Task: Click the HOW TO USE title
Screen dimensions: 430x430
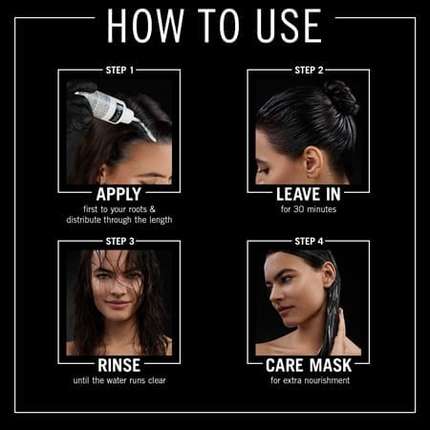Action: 214,26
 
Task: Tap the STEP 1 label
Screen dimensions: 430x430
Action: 119,70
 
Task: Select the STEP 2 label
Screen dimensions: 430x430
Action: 309,70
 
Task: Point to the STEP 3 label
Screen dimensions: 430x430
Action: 119,241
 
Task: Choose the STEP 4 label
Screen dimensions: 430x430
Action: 309,241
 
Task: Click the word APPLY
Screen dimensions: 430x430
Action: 118,194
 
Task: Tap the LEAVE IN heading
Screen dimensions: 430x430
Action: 309,194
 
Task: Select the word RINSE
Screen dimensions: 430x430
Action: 119,365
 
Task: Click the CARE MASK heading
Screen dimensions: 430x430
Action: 309,365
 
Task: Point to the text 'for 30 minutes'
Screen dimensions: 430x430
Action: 309,209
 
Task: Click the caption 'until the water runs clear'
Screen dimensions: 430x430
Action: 119,380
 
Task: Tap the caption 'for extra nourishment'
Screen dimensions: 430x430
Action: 310,380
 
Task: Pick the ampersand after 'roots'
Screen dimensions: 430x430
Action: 152,209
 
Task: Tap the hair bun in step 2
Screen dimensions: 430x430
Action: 341,97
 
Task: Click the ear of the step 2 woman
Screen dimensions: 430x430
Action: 312,163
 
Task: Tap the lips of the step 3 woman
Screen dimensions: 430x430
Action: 118,304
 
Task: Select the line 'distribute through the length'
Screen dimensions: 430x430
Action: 119,220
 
